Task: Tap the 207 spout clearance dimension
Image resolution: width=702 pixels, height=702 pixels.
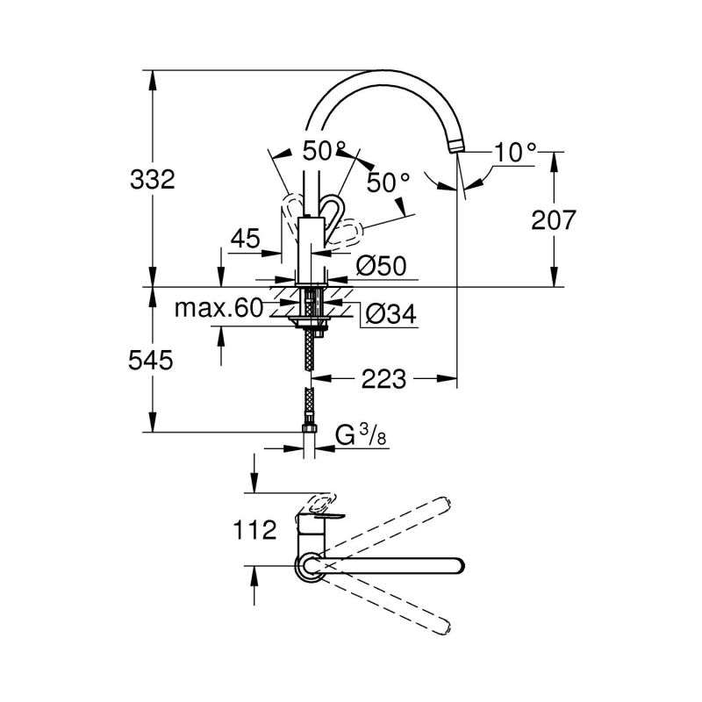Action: coord(553,220)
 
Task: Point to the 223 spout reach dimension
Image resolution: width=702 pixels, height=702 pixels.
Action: coord(384,379)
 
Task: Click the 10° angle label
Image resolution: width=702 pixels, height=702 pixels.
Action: coord(513,152)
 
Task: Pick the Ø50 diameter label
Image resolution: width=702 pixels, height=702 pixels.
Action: coord(381,265)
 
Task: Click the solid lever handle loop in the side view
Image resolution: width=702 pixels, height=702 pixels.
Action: coord(331,210)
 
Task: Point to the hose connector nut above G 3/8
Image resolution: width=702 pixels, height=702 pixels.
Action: coord(309,430)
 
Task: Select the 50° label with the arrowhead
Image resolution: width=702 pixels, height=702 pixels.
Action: coord(388,182)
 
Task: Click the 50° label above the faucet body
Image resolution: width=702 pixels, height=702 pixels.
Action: coord(325,150)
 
